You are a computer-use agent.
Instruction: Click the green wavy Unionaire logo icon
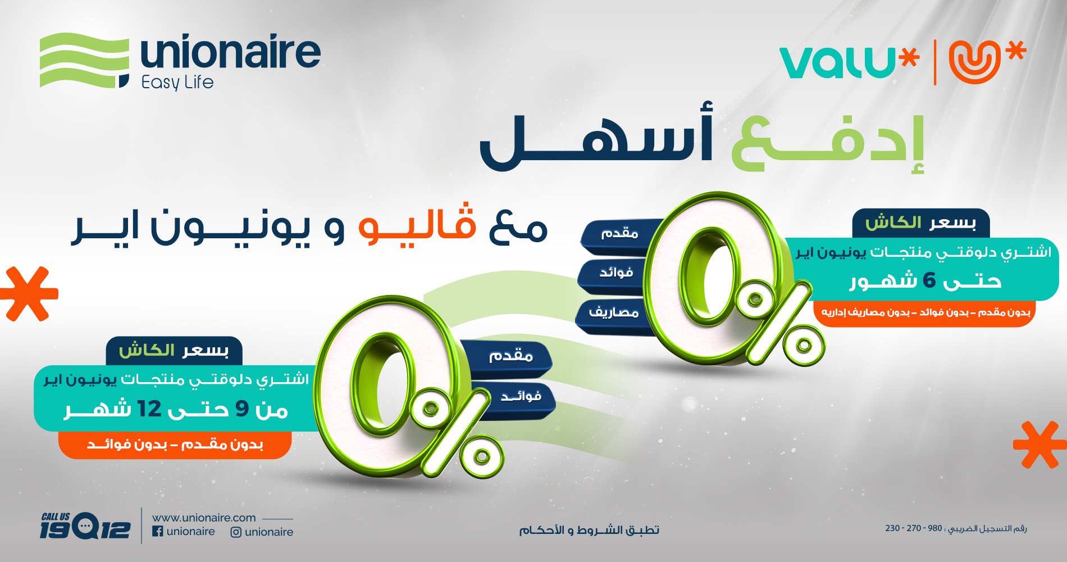point(84,61)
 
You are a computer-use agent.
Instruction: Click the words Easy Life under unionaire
point(177,83)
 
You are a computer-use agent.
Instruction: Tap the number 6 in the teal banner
point(929,280)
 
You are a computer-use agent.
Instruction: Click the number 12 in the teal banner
point(149,409)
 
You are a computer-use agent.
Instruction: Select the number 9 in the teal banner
point(242,409)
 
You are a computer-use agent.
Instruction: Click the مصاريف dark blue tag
point(613,312)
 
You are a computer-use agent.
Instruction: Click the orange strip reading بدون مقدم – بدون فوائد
point(175,445)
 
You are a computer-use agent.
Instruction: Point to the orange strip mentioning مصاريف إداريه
point(925,312)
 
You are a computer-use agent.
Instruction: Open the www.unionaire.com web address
point(204,518)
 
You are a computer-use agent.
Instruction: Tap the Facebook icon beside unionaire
point(158,531)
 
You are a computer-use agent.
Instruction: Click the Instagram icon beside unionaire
point(236,532)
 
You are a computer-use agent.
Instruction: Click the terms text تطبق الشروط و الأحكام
point(589,530)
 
